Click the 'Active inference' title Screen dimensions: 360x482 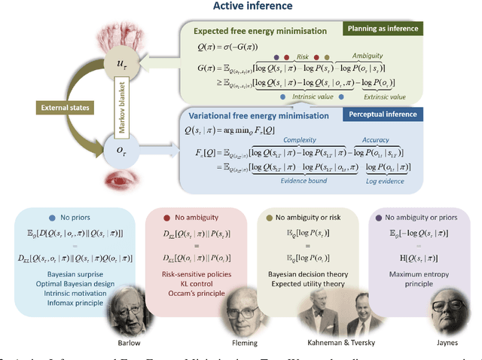point(240,7)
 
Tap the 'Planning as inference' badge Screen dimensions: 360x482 point(383,29)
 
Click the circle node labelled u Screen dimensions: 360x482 point(120,70)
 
